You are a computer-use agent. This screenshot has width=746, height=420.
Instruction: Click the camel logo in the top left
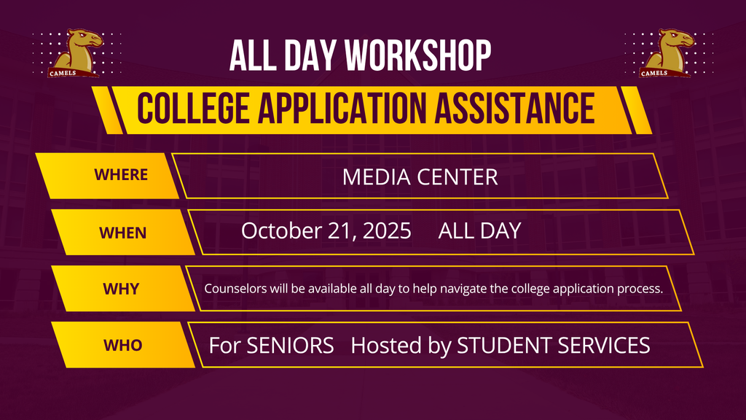[x=75, y=52]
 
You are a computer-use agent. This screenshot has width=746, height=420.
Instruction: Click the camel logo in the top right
[x=667, y=52]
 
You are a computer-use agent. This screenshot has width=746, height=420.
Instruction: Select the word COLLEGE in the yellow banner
[x=193, y=108]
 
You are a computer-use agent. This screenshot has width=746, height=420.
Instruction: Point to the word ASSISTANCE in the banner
[x=514, y=108]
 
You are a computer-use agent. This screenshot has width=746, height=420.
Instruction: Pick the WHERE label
[x=121, y=175]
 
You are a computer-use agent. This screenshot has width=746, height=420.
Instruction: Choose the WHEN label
[x=122, y=233]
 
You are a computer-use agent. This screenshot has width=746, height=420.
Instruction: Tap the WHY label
[x=121, y=289]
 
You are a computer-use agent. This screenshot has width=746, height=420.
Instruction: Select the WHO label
[x=122, y=345]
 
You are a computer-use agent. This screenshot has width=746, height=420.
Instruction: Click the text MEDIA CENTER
[x=420, y=177]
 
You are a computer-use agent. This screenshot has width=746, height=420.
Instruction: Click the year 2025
[x=387, y=231]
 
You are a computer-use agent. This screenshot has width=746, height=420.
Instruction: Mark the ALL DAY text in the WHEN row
[x=479, y=231]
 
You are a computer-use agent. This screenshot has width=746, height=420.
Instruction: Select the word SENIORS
[x=290, y=346]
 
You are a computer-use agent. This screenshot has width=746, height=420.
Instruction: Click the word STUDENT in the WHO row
[x=504, y=346]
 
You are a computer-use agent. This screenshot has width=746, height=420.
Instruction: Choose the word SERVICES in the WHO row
[x=604, y=346]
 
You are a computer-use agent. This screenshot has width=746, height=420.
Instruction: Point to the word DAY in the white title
[x=310, y=55]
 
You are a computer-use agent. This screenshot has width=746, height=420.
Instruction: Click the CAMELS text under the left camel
[x=63, y=74]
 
